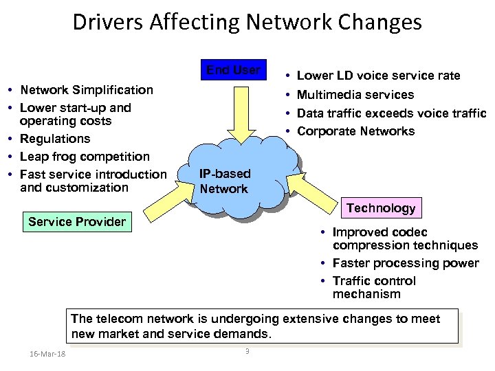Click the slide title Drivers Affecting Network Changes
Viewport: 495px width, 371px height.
(x=247, y=23)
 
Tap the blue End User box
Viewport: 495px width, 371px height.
(x=234, y=71)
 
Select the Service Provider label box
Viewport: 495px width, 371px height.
(x=77, y=222)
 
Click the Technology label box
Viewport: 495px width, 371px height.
(x=381, y=208)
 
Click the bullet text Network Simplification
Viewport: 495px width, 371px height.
(x=87, y=90)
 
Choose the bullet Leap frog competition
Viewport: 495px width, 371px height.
(x=85, y=157)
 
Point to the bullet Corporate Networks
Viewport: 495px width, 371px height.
(x=355, y=131)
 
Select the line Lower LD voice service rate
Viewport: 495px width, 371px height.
(x=378, y=76)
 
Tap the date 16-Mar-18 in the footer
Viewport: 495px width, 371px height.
(x=49, y=354)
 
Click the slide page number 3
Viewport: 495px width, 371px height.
(x=247, y=352)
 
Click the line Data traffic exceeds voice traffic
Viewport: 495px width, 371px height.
(x=391, y=113)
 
